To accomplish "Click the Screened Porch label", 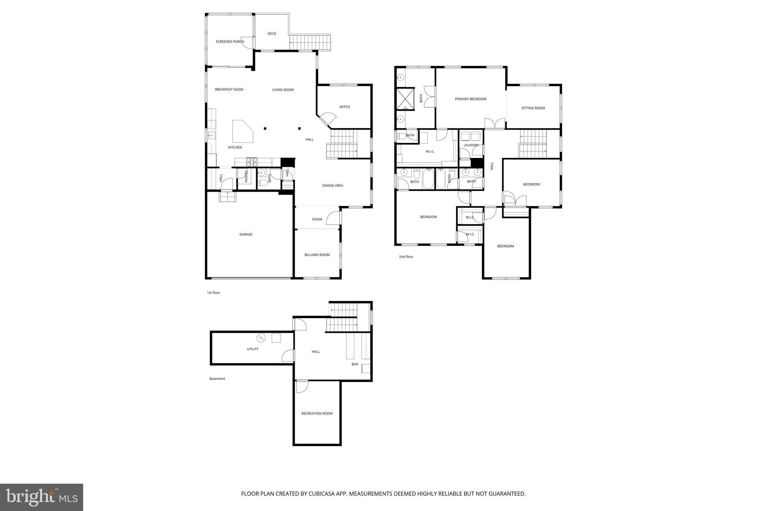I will click(x=230, y=42).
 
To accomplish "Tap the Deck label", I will click(x=272, y=34).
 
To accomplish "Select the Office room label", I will click(x=345, y=107).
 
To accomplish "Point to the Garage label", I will click(x=246, y=234).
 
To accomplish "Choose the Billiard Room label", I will click(x=317, y=255).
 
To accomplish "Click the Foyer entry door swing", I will click(x=333, y=218).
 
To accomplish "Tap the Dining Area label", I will click(x=333, y=186).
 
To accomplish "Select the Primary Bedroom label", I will click(x=470, y=99).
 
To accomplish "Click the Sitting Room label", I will click(x=533, y=108).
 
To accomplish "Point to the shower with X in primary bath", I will click(x=405, y=98).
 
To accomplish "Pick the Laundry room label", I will click(x=471, y=145).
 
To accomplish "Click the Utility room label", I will click(x=252, y=349).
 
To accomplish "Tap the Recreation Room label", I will click(x=317, y=414).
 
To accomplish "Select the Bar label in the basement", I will click(x=354, y=364).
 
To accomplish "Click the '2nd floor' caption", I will click(x=406, y=257).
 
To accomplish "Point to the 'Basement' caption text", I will click(x=217, y=379).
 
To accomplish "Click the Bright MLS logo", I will click(x=42, y=497).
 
